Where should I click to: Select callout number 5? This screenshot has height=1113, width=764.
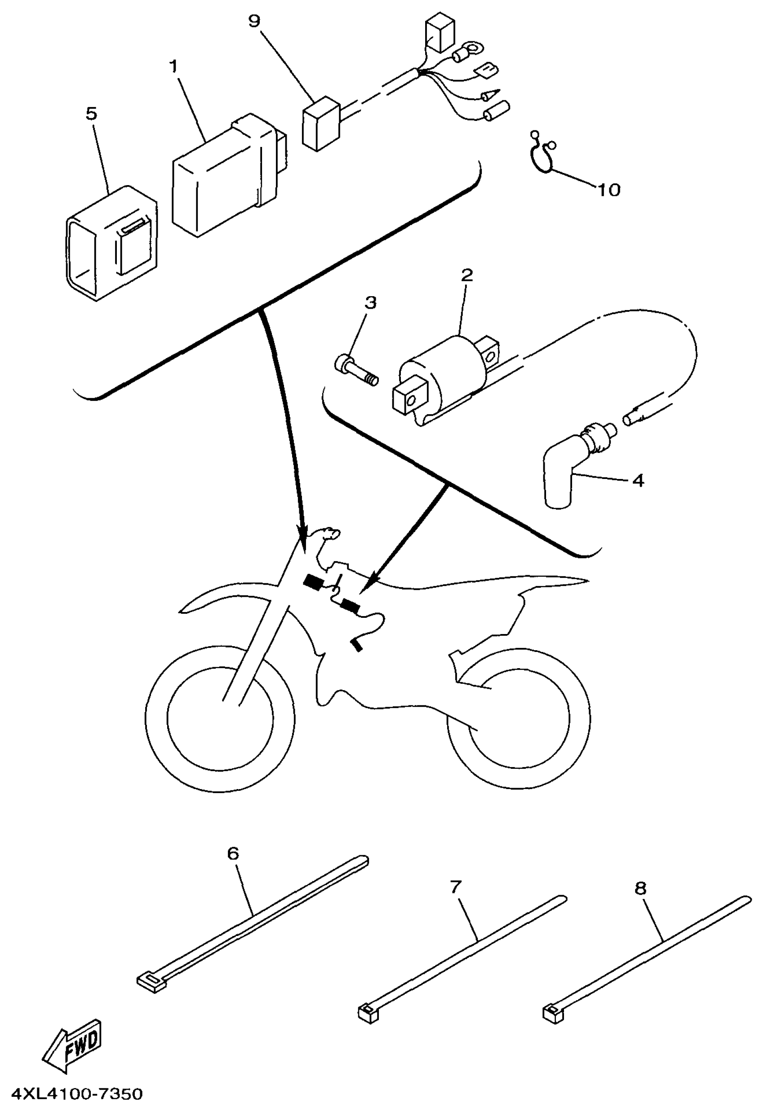tap(91, 114)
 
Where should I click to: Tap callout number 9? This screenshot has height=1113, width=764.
tap(255, 21)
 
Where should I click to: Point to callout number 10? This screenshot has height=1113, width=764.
tap(609, 190)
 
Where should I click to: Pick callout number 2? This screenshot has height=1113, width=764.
tap(466, 275)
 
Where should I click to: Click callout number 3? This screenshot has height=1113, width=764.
tap(370, 302)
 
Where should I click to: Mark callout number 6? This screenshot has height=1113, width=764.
tap(233, 853)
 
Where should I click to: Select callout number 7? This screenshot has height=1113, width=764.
tap(456, 887)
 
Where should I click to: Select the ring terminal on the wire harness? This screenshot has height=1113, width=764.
tap(474, 48)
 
